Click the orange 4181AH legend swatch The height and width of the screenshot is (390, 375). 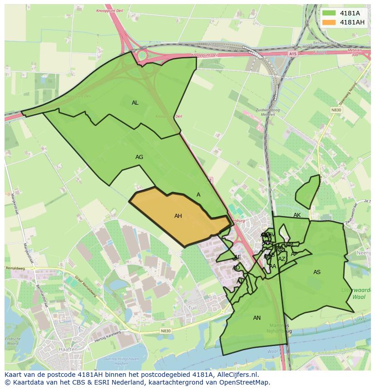click(329, 23)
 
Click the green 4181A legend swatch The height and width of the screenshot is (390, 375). click(329, 13)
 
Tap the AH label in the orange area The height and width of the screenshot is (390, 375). click(178, 216)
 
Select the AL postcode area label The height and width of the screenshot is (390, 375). click(135, 103)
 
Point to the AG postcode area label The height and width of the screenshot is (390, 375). click(139, 157)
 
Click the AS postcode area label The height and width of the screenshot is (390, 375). click(317, 272)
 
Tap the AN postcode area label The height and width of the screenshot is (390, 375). click(257, 318)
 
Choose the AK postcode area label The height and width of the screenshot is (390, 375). click(297, 215)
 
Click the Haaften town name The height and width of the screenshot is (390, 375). click(67, 350)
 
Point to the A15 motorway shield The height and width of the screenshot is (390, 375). click(292, 53)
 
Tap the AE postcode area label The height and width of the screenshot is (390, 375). click(237, 257)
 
